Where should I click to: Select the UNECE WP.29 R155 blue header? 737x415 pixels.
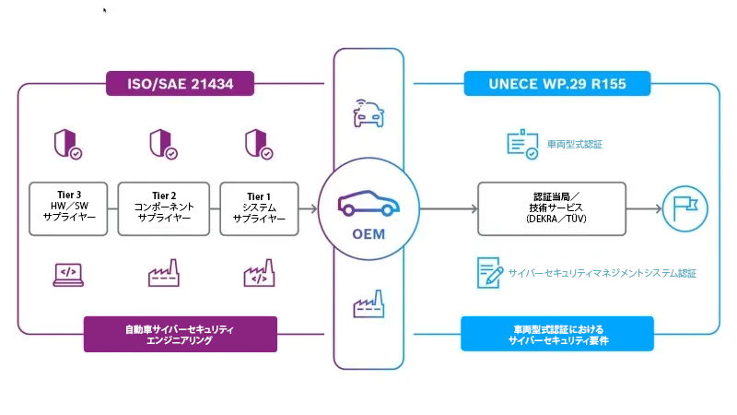556,84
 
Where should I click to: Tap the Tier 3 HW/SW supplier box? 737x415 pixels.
69,207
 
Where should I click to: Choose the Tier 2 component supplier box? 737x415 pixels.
164,207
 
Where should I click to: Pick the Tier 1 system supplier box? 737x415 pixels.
259,207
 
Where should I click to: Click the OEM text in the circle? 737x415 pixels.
368,233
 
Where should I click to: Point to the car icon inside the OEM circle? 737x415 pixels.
368,205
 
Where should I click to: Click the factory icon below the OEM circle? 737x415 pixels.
368,305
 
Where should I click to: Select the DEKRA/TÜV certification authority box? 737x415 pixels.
551,208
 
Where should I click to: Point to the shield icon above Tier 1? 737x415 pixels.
259,144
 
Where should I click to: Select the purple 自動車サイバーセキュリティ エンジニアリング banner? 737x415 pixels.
181,334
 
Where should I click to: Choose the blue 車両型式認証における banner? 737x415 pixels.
556,334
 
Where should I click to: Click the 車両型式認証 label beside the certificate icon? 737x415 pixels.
575,145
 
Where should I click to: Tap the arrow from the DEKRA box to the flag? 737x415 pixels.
644,209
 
